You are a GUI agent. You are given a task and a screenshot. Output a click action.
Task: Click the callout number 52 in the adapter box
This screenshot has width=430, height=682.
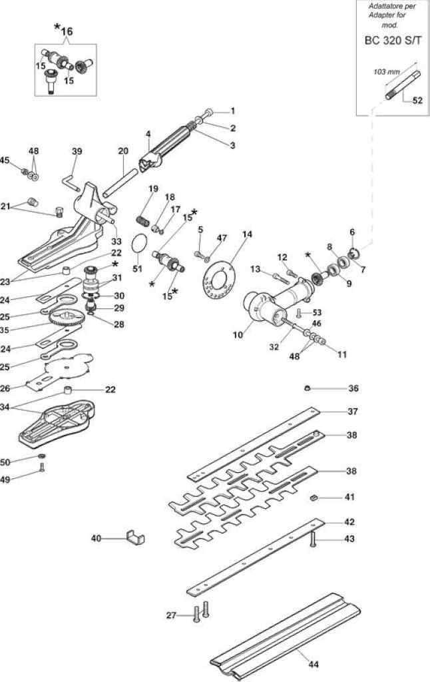click(x=417, y=100)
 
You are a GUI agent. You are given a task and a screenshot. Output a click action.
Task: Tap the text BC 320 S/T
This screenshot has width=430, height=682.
click(x=393, y=41)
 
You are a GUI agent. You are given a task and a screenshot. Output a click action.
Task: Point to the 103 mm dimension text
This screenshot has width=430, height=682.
click(x=386, y=72)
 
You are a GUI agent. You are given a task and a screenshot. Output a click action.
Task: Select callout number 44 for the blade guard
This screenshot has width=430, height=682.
click(x=314, y=664)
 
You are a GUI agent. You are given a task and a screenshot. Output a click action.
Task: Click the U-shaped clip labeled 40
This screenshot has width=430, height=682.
click(x=136, y=537)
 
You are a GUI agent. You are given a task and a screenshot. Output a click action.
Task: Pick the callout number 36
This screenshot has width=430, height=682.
click(x=353, y=388)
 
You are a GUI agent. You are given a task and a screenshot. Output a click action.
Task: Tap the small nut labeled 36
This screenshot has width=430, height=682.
click(x=308, y=388)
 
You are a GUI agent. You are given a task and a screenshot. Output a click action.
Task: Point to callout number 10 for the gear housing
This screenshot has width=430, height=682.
click(x=238, y=334)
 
